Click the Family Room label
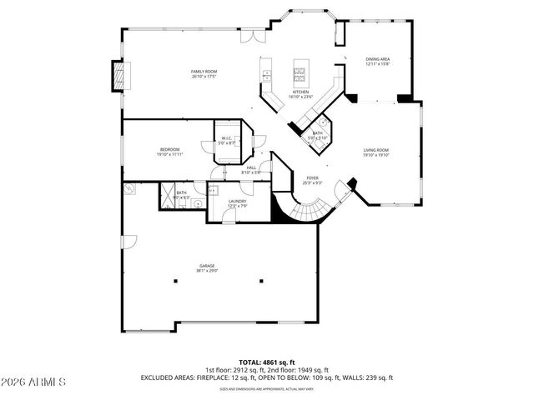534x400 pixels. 205,74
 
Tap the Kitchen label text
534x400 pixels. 300,94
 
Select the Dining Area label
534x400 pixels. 378,62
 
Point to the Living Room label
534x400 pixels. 375,152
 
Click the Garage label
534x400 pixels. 207,268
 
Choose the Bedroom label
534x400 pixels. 170,152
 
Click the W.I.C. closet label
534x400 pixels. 227,140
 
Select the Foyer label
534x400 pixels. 312,179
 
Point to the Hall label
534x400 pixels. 251,169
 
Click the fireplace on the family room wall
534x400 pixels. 121,77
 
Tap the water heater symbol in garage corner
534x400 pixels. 130,189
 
